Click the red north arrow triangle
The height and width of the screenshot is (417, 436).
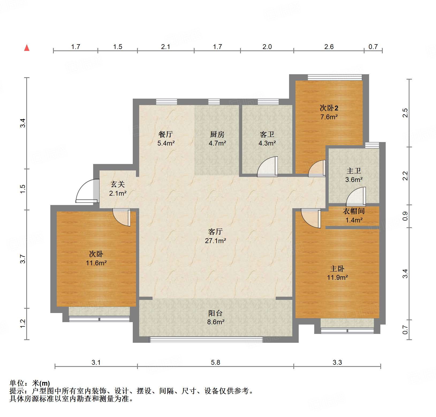click(x=27, y=48)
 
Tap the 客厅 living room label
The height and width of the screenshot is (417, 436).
click(x=215, y=232)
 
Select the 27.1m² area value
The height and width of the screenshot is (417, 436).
click(x=215, y=241)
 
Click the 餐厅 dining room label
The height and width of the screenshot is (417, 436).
click(x=166, y=134)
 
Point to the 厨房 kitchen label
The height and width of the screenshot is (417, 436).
click(x=217, y=134)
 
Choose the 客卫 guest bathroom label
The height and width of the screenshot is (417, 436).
click(x=267, y=134)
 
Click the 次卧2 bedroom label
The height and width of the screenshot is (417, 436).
click(x=329, y=108)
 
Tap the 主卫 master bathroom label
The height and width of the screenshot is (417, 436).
click(x=354, y=170)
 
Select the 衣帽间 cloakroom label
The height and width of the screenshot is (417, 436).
click(x=354, y=211)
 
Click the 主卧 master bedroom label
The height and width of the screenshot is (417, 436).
click(x=337, y=268)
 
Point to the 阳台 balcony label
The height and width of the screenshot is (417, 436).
click(x=215, y=313)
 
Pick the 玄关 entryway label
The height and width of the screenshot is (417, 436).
click(x=118, y=184)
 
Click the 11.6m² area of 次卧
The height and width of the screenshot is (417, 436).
click(x=96, y=263)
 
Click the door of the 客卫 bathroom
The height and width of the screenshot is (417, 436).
click(x=267, y=167)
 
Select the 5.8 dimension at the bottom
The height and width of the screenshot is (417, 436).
click(x=215, y=362)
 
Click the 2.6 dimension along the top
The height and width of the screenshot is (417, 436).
click(x=329, y=47)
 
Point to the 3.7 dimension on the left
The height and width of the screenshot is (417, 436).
click(x=23, y=259)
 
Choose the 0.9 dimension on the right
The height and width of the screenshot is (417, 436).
click(x=405, y=216)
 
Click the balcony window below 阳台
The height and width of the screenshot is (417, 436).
click(x=206, y=340)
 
